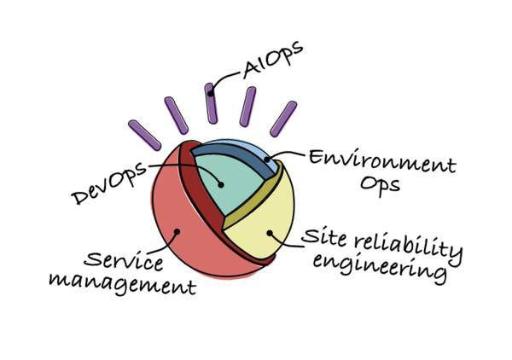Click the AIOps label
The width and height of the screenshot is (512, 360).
(x=273, y=60)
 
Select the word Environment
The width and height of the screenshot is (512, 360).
(x=382, y=160)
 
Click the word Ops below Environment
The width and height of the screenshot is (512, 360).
(x=380, y=186)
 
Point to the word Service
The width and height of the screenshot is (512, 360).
(x=124, y=261)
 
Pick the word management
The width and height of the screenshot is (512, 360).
(x=122, y=284)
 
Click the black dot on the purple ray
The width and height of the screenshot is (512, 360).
(x=211, y=94)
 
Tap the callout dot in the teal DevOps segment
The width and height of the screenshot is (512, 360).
(x=221, y=185)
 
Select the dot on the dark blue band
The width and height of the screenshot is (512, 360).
(x=267, y=160)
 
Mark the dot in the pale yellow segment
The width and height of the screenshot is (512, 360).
(x=270, y=233)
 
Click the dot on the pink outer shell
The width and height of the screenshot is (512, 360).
(x=177, y=231)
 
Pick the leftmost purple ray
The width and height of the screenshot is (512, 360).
(x=144, y=135)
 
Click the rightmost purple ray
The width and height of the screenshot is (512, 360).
(x=283, y=119)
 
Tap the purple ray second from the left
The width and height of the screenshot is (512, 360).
(x=177, y=115)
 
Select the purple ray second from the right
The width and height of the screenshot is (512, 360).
(x=247, y=107)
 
